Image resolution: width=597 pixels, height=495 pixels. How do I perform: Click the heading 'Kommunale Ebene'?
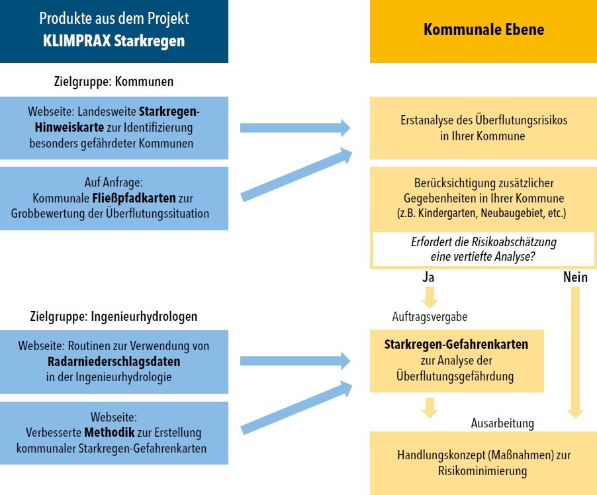pyautogui.click(x=484, y=30)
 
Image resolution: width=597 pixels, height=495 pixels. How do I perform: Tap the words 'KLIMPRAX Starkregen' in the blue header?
pyautogui.click(x=114, y=41)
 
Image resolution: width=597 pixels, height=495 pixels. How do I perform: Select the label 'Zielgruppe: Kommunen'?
pyautogui.click(x=114, y=81)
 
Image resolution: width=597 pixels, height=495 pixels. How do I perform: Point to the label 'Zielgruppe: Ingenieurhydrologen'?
pyautogui.click(x=114, y=316)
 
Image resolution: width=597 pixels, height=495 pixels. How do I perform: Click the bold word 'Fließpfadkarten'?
pyautogui.click(x=134, y=198)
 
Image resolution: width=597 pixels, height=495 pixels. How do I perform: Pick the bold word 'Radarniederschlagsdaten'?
pyautogui.click(x=114, y=361)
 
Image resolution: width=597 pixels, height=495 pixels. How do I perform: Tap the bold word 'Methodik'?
pyautogui.click(x=109, y=433)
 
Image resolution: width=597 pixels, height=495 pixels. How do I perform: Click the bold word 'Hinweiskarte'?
pyautogui.click(x=69, y=127)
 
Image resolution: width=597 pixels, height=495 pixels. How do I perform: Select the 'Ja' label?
pyautogui.click(x=428, y=277)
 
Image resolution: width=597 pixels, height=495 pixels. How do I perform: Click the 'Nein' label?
pyautogui.click(x=575, y=277)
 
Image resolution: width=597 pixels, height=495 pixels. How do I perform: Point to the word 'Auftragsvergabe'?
pyautogui.click(x=430, y=317)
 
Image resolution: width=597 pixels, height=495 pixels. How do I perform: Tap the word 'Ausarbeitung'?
pyautogui.click(x=502, y=424)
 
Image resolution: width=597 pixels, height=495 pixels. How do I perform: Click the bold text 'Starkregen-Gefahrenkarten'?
pyautogui.click(x=456, y=344)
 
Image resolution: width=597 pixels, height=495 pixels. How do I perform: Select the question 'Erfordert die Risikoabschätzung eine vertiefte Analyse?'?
pyautogui.click(x=484, y=249)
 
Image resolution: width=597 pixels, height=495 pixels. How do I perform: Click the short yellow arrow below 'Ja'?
pyautogui.click(x=430, y=297)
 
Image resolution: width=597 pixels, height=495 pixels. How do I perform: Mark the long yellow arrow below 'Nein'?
pyautogui.click(x=575, y=353)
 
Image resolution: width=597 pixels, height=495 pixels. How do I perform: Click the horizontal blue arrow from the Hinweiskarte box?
pyautogui.click(x=295, y=128)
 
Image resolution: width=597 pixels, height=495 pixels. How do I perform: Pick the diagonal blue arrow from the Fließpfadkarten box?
pyautogui.click(x=297, y=175)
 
